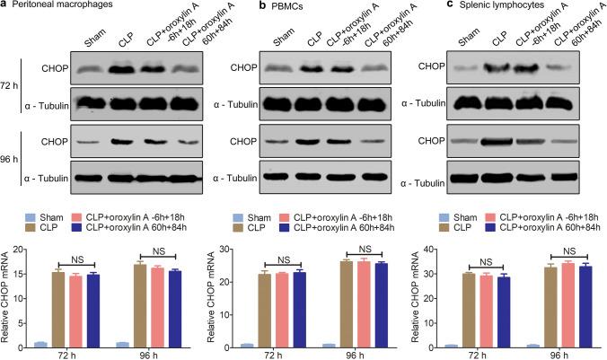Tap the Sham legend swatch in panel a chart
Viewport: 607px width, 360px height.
36,216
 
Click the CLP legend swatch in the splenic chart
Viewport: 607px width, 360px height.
448,229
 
